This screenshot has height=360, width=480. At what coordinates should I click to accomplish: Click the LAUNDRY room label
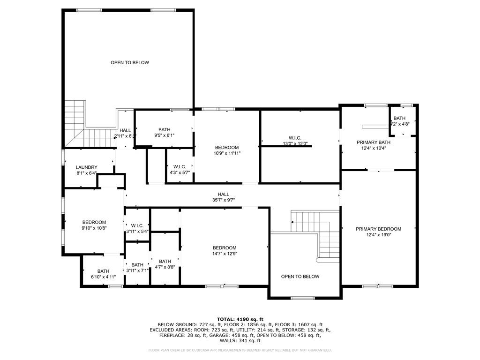click(87, 167)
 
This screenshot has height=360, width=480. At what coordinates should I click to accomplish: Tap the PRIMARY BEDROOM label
click(378, 229)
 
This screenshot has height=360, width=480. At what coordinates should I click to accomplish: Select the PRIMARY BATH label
click(373, 142)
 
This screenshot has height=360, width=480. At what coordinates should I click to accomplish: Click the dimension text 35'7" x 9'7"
click(223, 200)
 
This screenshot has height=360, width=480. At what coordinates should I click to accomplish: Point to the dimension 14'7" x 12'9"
click(225, 254)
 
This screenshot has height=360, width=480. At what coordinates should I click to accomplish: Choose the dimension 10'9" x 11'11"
click(227, 153)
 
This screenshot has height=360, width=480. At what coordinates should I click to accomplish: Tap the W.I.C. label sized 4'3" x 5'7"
click(180, 166)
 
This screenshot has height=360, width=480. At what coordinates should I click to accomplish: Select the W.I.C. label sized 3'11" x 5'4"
click(137, 225)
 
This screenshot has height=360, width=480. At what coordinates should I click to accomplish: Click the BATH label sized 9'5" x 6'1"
click(164, 130)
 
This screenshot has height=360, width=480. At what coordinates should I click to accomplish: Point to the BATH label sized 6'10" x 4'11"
click(103, 271)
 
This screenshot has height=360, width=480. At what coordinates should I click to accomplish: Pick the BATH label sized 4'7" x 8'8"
click(165, 262)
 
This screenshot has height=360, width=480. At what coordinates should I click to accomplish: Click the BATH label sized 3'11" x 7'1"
click(137, 265)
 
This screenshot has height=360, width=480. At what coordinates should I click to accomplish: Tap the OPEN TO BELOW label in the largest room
click(130, 62)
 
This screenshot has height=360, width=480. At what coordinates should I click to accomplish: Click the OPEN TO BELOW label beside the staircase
click(300, 277)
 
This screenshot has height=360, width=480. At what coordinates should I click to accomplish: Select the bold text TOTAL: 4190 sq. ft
click(240, 319)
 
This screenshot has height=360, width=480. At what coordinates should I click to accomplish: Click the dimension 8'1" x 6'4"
click(87, 173)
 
